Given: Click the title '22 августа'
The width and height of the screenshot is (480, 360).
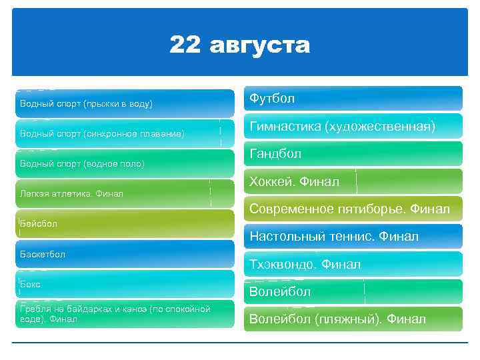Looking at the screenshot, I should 239,45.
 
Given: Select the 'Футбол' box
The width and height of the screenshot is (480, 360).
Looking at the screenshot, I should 353,99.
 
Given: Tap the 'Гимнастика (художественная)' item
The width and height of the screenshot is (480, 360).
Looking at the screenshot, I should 353,126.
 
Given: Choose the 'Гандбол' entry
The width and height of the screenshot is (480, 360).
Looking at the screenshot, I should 353,154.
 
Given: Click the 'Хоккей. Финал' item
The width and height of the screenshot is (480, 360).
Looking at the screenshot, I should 353,181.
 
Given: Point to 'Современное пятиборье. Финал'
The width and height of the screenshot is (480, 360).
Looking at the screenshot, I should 353,209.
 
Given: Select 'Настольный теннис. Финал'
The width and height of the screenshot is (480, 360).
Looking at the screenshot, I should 353,237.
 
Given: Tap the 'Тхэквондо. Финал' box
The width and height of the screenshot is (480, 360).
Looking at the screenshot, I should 353,265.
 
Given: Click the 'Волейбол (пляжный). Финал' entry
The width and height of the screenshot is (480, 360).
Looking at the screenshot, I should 353,319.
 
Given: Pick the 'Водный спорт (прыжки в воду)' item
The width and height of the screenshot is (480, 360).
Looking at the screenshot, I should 125,104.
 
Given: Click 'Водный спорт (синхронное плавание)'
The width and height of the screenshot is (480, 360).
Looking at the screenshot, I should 125,134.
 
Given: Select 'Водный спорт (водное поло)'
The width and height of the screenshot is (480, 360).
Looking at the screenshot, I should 125,163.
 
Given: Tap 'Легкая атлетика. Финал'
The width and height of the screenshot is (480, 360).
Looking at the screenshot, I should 125,194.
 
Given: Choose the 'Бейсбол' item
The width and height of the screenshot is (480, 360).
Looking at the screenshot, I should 125,224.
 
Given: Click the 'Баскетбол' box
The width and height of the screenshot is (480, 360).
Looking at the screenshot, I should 125,255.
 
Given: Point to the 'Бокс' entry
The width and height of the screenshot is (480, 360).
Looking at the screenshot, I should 125,285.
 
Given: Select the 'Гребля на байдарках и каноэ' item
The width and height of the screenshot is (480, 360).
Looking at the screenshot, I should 125,314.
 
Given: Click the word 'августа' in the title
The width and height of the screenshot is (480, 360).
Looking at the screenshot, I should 260,46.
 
